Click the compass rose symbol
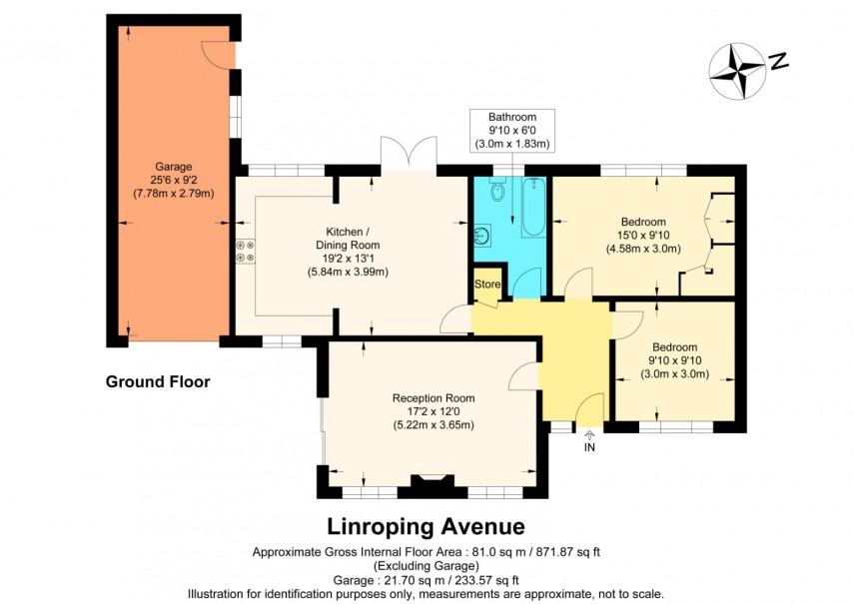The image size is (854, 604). click(737, 71)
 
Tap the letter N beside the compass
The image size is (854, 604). click(779, 62)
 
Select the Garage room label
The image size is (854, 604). click(173, 167)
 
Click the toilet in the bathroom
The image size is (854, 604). click(498, 192)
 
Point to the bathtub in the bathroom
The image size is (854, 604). click(532, 208)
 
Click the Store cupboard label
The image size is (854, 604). click(486, 285)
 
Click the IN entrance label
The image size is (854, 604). click(589, 447)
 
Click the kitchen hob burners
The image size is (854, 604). click(245, 252)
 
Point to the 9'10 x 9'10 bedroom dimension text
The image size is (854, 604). click(674, 362)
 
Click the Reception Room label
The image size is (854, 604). click(431, 397)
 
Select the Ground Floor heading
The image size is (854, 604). click(157, 381)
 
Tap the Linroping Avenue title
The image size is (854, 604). click(427, 526)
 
